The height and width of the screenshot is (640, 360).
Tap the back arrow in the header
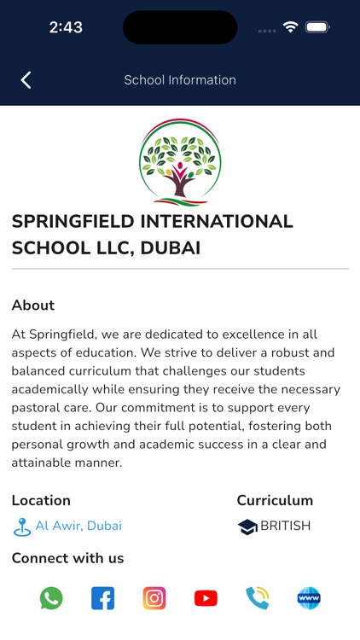[x=26, y=80]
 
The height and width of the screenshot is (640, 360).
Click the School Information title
[x=180, y=80]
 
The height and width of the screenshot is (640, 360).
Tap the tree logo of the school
[x=179, y=162]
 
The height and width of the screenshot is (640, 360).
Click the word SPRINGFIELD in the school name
[x=73, y=222]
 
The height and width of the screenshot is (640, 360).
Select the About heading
[x=33, y=305]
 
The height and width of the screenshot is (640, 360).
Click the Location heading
[x=41, y=501]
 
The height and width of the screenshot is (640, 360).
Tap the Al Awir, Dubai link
[x=78, y=526]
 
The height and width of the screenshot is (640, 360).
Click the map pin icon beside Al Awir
[x=22, y=527]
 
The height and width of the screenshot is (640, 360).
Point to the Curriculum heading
[x=275, y=501]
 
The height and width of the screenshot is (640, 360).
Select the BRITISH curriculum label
[x=285, y=526]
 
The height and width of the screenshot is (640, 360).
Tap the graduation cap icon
[x=247, y=527]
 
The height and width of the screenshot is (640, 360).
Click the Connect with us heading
[x=67, y=559]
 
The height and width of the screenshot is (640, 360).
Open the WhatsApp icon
[x=51, y=598]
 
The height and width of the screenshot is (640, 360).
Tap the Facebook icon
[x=102, y=598]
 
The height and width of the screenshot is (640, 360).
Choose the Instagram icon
[x=154, y=598]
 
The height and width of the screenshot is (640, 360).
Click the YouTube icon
[x=206, y=598]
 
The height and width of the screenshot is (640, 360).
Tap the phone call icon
[x=257, y=598]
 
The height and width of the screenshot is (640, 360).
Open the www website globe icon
[x=309, y=598]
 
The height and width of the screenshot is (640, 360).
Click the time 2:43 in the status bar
[x=65, y=27]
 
